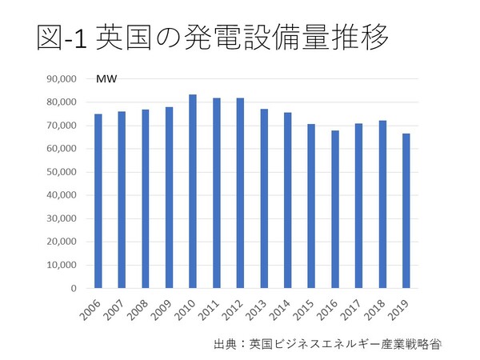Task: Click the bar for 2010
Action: (193, 191)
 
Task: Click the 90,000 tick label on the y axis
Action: (62, 79)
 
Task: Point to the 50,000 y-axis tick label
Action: (62, 172)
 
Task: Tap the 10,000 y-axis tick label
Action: (62, 265)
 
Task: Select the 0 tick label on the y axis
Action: (73, 288)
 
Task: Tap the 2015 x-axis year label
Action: (302, 308)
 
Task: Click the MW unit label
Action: (105, 79)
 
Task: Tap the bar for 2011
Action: (217, 193)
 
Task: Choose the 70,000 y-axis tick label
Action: (62, 126)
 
